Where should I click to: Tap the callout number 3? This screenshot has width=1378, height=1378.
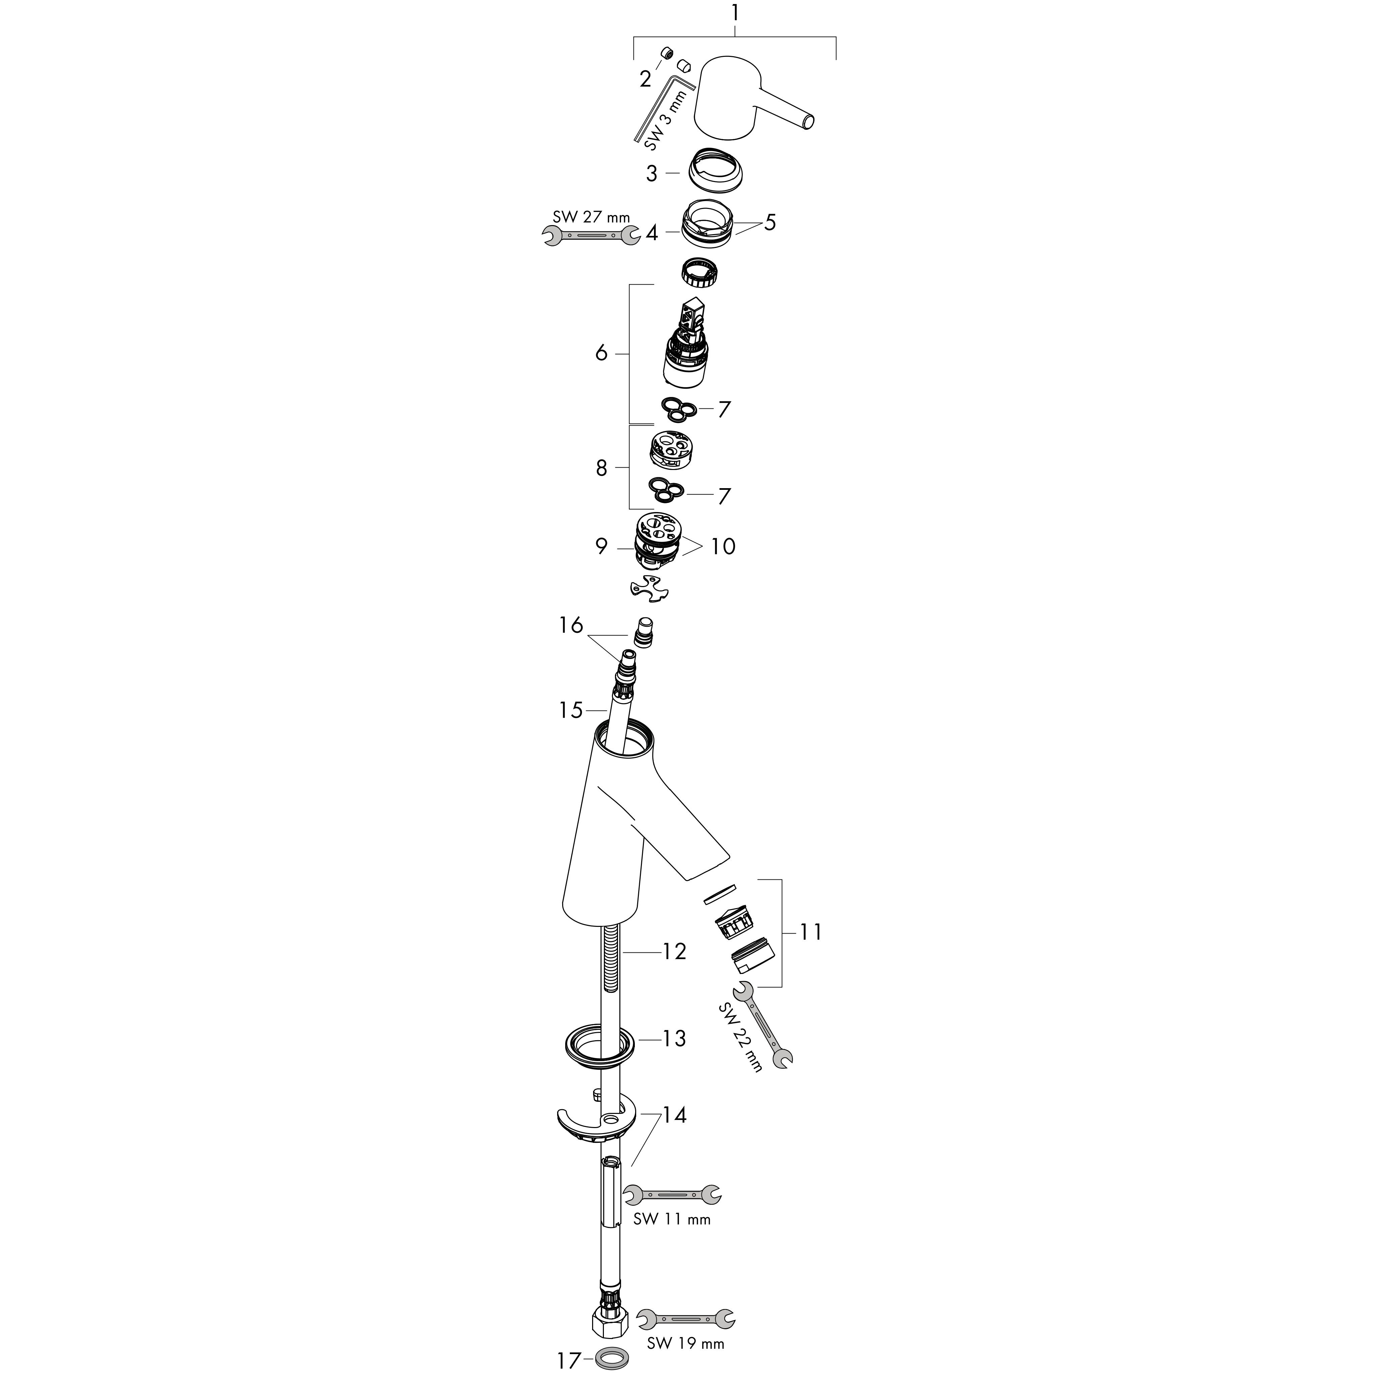(651, 173)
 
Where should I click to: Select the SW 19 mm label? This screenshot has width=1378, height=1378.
(685, 1344)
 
